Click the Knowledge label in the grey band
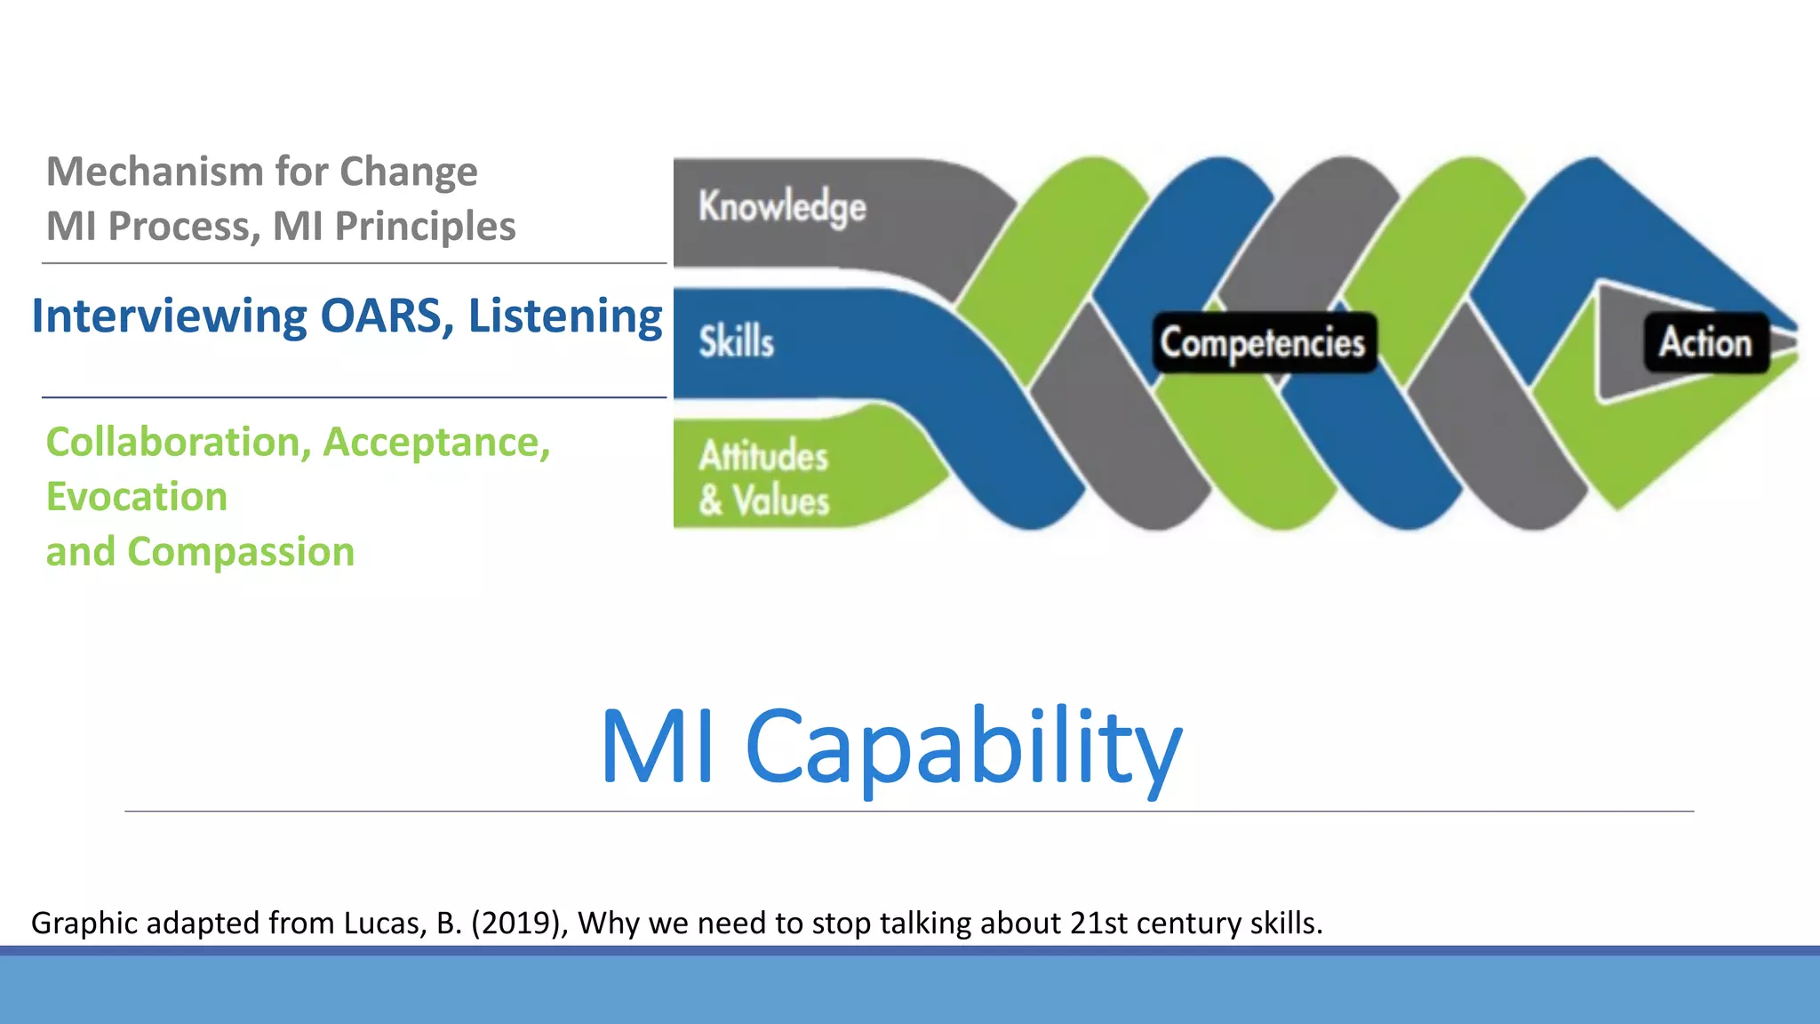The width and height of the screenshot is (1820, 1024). [x=782, y=207]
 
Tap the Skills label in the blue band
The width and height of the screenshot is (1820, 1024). [x=736, y=342]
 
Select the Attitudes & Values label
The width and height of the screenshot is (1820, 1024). [x=763, y=479]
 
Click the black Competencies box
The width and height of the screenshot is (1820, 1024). [x=1263, y=343]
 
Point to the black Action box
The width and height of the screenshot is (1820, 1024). [x=1705, y=343]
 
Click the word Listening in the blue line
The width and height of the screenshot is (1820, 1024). [x=565, y=316]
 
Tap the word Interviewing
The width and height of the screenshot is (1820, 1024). [x=170, y=316]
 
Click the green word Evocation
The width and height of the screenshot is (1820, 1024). [x=137, y=497]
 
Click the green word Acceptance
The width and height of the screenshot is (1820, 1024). [x=435, y=442]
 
